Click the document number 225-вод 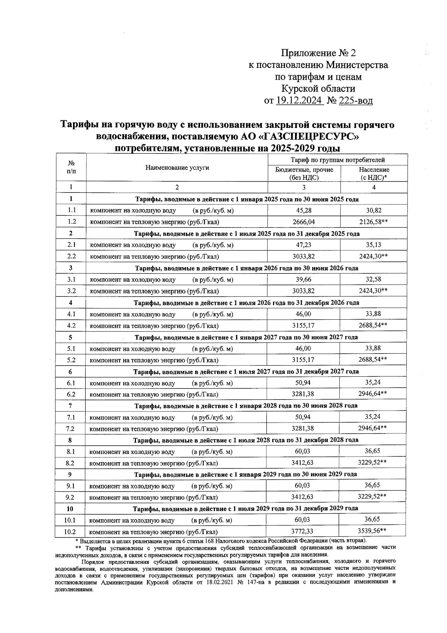click(355, 101)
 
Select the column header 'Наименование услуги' click(177, 168)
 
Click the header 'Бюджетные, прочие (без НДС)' click(304, 173)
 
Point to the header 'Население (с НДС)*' click(374, 173)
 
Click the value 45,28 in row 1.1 click(304, 210)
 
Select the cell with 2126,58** click(374, 222)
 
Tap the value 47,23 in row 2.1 click(304, 245)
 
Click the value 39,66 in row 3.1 click(304, 279)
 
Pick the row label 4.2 click(71, 325)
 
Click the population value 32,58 click(374, 279)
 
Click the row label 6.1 click(71, 383)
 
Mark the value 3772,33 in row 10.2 click(302, 531)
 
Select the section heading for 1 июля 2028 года click(246, 440)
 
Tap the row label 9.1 click(70, 486)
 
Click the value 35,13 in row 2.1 click(374, 245)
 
